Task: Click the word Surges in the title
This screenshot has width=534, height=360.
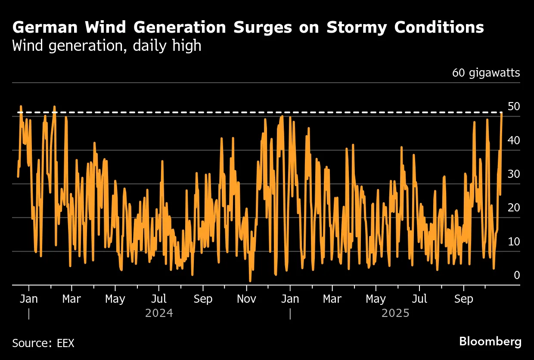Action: [x=262, y=28]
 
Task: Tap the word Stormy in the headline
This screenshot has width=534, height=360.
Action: [x=357, y=28]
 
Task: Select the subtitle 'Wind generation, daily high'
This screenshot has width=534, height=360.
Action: [x=107, y=46]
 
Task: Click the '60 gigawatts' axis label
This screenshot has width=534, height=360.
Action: [x=486, y=73]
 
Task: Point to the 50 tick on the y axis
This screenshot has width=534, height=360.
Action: [x=514, y=106]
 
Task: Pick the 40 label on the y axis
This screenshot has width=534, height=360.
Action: [x=514, y=140]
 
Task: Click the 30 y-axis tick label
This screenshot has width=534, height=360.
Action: [x=514, y=174]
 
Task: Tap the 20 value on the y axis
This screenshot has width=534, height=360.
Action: [x=514, y=208]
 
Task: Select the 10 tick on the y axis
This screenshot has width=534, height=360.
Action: [x=514, y=242]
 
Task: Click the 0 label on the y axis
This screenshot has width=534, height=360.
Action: [x=517, y=275]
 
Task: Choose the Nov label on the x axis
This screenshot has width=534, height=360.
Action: [x=246, y=299]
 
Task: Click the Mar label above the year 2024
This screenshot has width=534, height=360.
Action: [x=71, y=299]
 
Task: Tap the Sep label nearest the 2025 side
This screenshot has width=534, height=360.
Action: [x=463, y=299]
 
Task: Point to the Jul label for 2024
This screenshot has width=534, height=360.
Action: [x=159, y=299]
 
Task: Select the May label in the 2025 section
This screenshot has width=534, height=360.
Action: [x=376, y=299]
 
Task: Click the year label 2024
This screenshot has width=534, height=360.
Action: [x=159, y=313]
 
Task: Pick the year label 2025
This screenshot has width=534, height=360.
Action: [x=395, y=313]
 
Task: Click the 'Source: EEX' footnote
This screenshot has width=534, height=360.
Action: [x=43, y=343]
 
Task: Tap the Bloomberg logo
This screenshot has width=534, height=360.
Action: [x=490, y=342]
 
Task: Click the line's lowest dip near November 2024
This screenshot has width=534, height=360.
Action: [x=250, y=281]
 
